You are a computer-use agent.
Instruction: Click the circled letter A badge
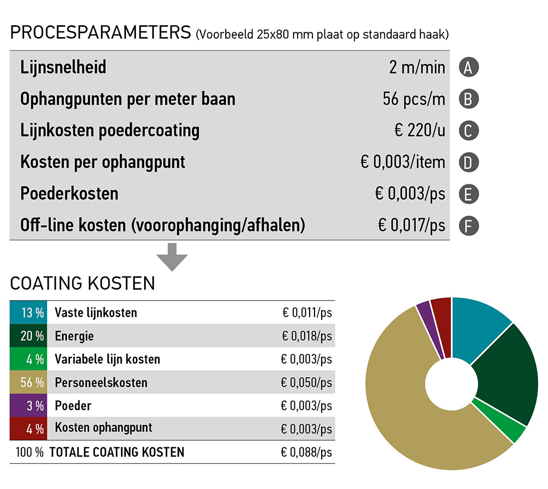click(x=469, y=67)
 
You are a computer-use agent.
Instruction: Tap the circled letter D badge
click(x=469, y=162)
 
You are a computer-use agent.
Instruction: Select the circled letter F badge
click(x=469, y=225)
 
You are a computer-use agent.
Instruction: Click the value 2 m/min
click(x=417, y=68)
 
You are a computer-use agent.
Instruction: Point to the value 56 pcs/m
click(x=413, y=99)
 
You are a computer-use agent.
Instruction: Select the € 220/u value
click(x=420, y=131)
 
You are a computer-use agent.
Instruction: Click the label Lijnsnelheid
click(x=63, y=68)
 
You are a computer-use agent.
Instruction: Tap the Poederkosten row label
click(x=69, y=194)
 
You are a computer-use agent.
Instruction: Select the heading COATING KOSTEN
click(x=82, y=283)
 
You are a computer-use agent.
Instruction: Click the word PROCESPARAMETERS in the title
click(x=100, y=32)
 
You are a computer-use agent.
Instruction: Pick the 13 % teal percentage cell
click(x=28, y=312)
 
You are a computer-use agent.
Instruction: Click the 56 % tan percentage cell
click(x=28, y=382)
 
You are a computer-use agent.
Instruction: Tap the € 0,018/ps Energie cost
click(x=307, y=336)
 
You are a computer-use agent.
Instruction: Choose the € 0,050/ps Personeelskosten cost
click(x=306, y=382)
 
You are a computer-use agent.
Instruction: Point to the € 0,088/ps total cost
click(x=306, y=452)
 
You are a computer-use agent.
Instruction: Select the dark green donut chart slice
click(x=507, y=373)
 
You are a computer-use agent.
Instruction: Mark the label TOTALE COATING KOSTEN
click(x=117, y=452)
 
